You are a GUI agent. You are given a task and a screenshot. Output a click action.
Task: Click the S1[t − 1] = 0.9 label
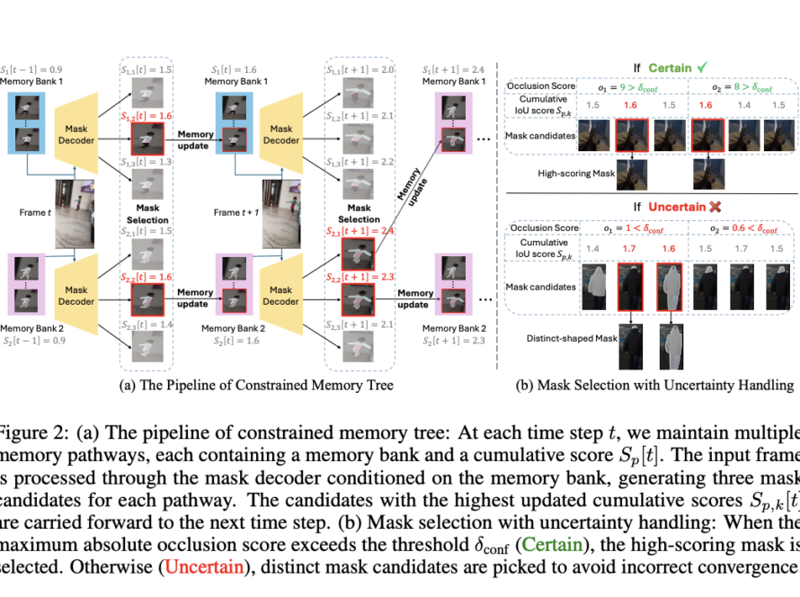31,70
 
